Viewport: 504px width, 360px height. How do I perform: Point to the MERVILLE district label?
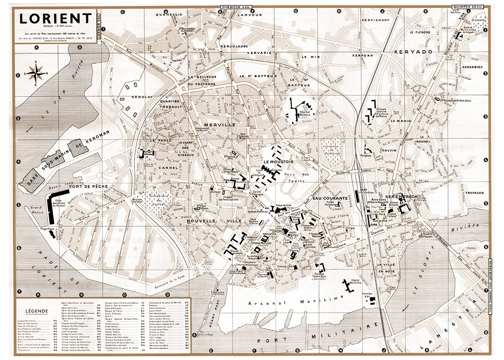click(x=219, y=125)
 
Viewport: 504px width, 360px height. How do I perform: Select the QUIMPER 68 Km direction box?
click(x=468, y=7)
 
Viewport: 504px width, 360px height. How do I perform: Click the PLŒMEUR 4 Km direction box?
click(x=235, y=7)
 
